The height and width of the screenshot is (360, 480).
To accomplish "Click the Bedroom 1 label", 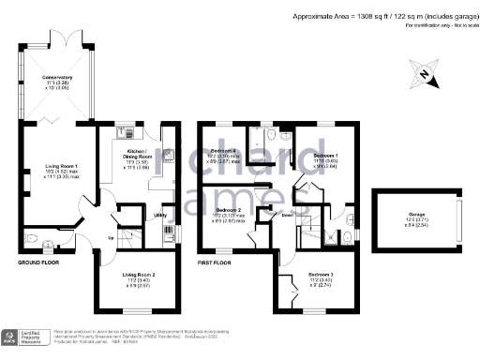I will click(x=324, y=156).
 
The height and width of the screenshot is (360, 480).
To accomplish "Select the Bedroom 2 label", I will click(x=230, y=210).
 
